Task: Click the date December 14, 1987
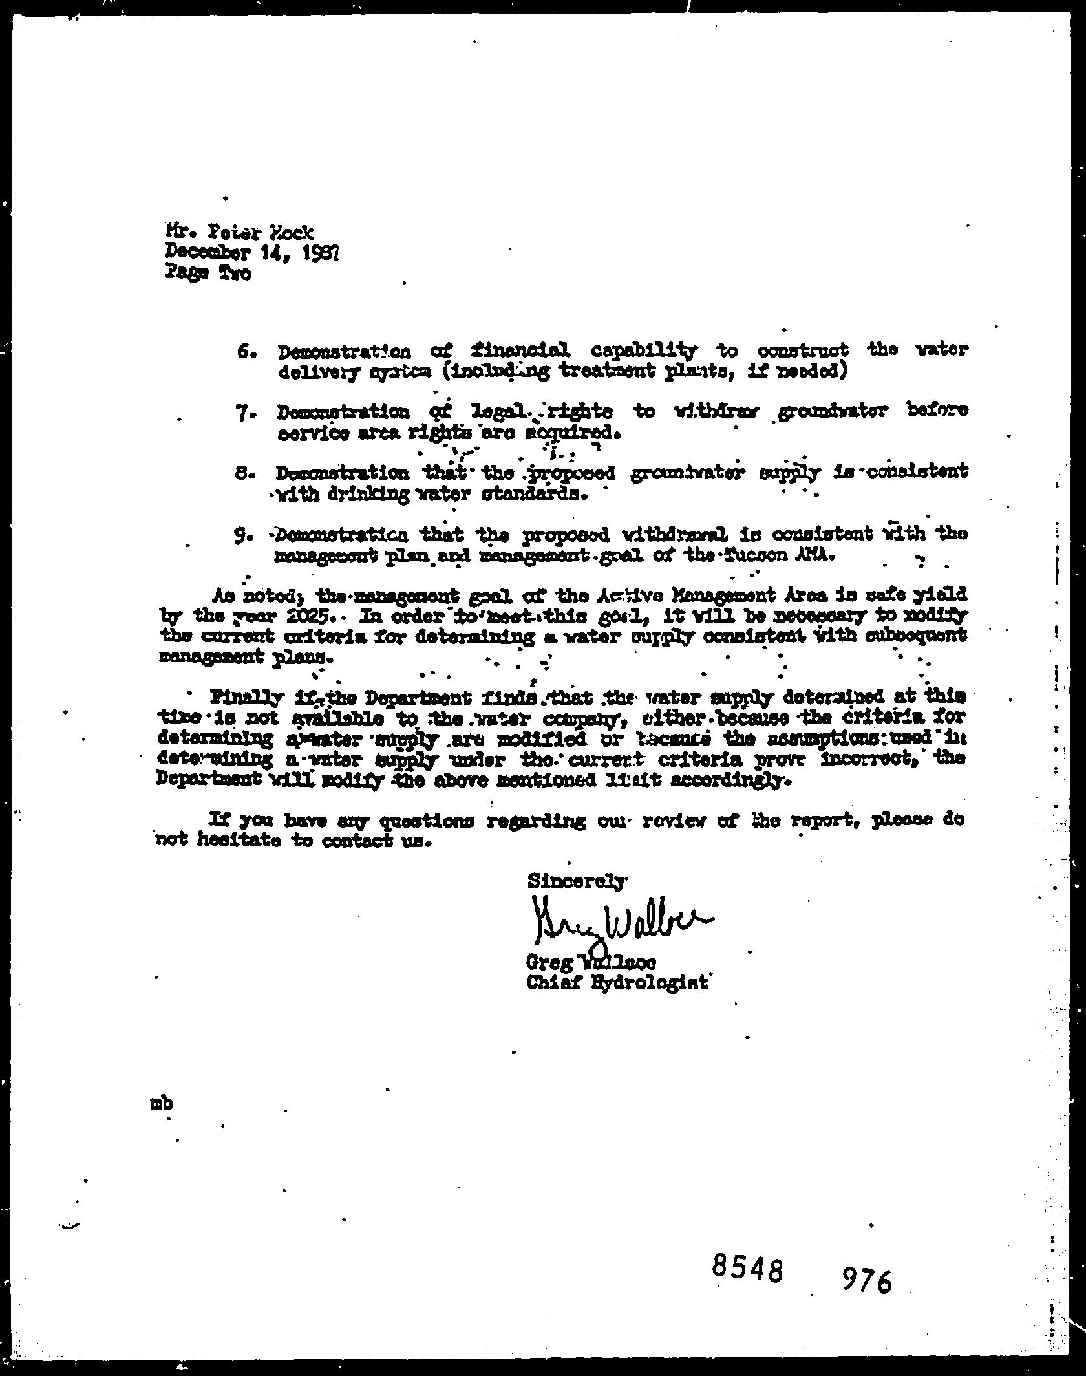[252, 252]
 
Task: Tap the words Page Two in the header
[208, 273]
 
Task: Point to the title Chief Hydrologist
[617, 984]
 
